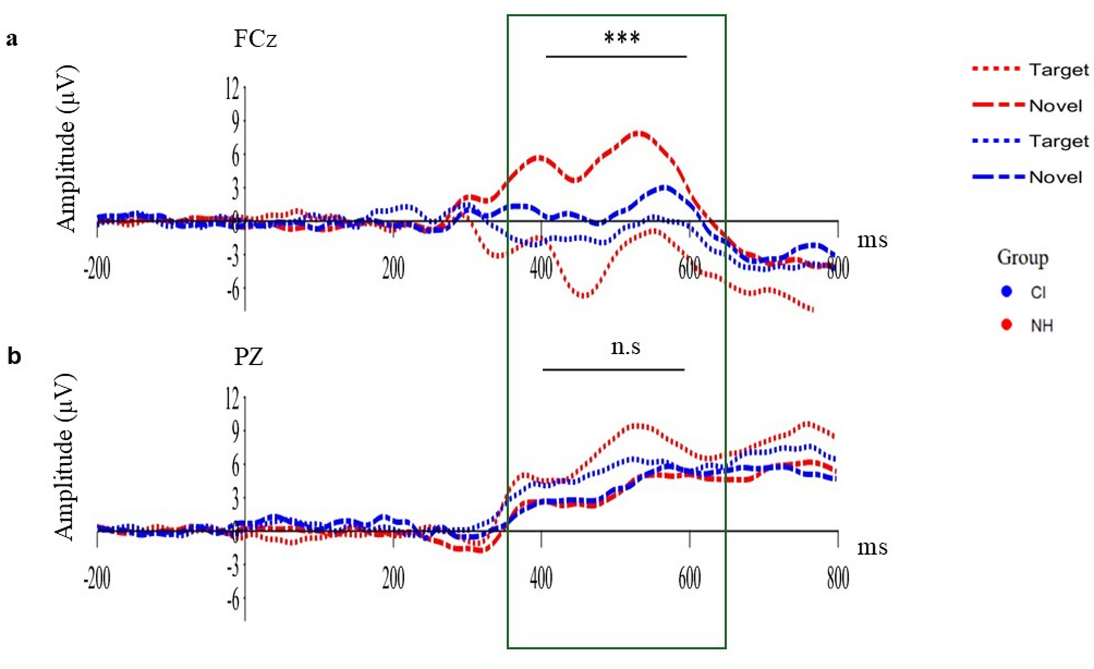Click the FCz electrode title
tap(255, 39)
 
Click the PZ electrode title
tap(248, 357)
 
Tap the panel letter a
tap(11, 39)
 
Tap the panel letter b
tap(14, 356)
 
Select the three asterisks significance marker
tap(622, 39)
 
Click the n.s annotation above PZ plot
tap(625, 347)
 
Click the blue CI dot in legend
tap(1007, 291)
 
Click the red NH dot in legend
tap(1007, 325)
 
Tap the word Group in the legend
tap(1023, 257)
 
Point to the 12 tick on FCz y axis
tap(233, 89)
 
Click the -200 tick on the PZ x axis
tap(97, 578)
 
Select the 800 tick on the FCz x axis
tap(837, 268)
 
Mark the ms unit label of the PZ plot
tap(872, 547)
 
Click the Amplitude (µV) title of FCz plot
tap(66, 148)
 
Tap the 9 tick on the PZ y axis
tap(235, 431)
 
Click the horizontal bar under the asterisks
tap(616, 56)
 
